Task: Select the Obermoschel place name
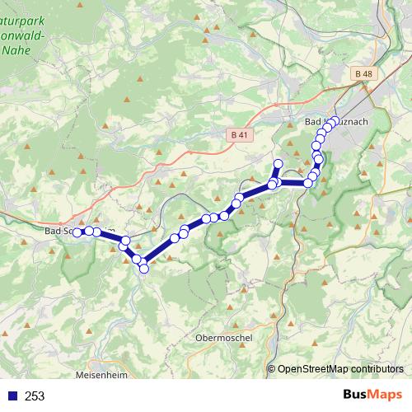(x=224, y=337)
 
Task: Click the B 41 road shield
(x=239, y=134)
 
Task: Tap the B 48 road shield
(x=365, y=73)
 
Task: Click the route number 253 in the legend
(x=35, y=396)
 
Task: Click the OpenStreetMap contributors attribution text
(x=339, y=369)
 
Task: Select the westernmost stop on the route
(x=77, y=232)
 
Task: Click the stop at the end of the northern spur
(x=279, y=163)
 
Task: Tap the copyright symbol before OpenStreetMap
(x=271, y=369)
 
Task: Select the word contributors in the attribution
(x=374, y=369)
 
